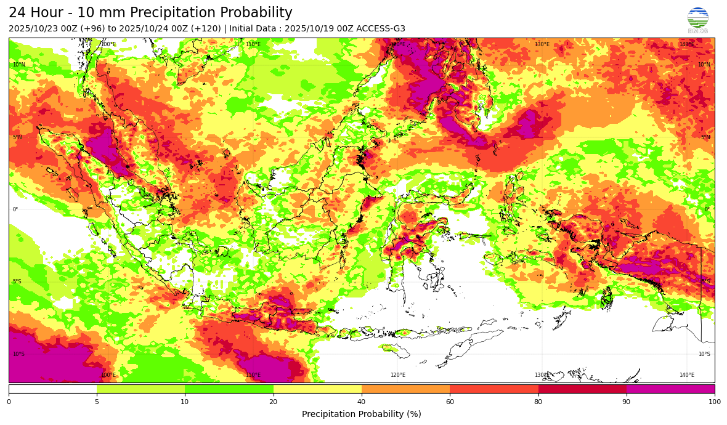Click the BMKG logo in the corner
[x=697, y=19]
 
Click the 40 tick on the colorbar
[x=362, y=402]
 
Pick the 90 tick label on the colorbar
[x=627, y=402]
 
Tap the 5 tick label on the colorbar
[x=97, y=402]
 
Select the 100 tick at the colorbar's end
[x=714, y=402]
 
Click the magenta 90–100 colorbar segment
[x=670, y=389]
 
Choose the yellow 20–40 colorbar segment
[x=317, y=389]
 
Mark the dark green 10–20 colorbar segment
[x=229, y=389]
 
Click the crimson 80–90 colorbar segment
[x=582, y=389]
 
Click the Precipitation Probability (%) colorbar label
[x=362, y=414]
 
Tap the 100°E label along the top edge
[x=108, y=44]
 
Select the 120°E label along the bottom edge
[x=397, y=375]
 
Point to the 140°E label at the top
[x=686, y=44]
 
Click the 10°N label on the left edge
[x=19, y=65]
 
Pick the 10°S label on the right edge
[x=704, y=354]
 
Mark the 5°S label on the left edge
[x=18, y=281]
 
